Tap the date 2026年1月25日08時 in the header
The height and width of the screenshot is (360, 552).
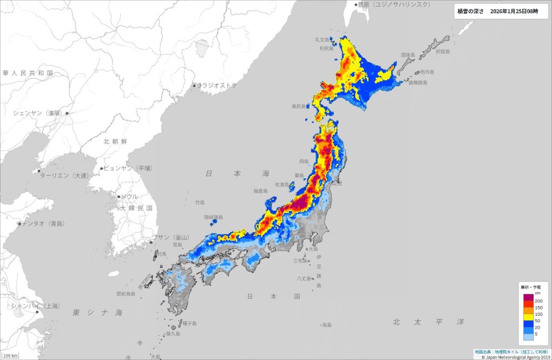(514, 11)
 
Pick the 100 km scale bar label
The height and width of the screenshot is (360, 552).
(11, 356)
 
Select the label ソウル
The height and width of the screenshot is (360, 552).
(129, 197)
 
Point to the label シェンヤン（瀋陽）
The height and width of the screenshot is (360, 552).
(38, 113)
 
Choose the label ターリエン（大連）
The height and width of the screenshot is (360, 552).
(63, 176)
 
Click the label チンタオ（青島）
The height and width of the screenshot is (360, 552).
(43, 223)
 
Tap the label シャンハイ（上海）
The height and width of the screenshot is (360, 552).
(35, 306)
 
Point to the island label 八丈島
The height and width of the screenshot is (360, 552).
(305, 279)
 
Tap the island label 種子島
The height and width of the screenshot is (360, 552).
(189, 323)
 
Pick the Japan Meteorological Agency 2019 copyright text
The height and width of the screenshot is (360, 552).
(512, 356)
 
